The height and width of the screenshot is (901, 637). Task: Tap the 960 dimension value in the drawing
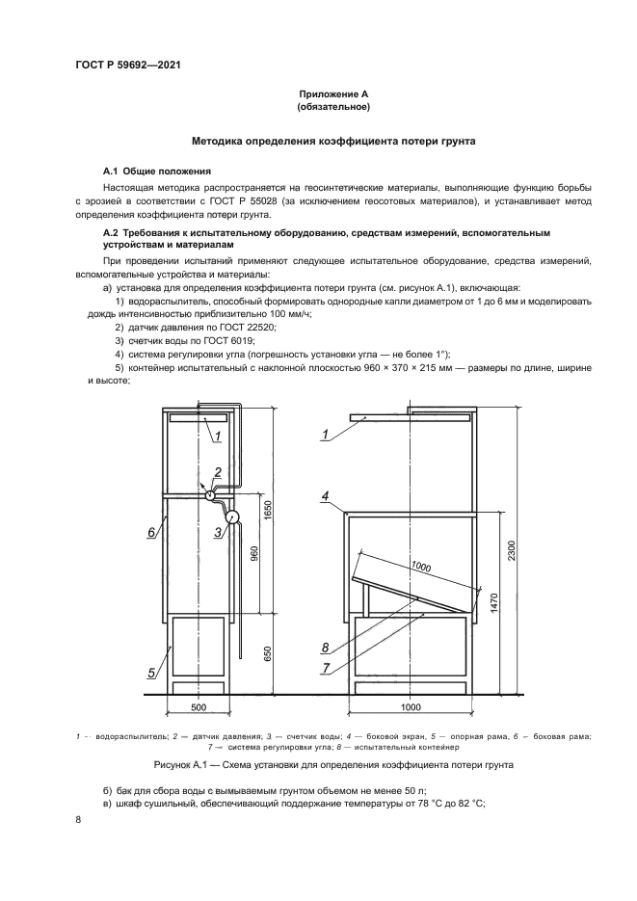click(253, 556)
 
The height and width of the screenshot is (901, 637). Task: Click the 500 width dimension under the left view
click(199, 708)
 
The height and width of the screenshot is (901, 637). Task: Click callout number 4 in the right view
click(326, 496)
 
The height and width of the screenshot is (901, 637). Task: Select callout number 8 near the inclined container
click(326, 646)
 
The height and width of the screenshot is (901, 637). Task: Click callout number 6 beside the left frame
click(151, 531)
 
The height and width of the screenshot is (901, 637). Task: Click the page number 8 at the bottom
click(78, 820)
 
